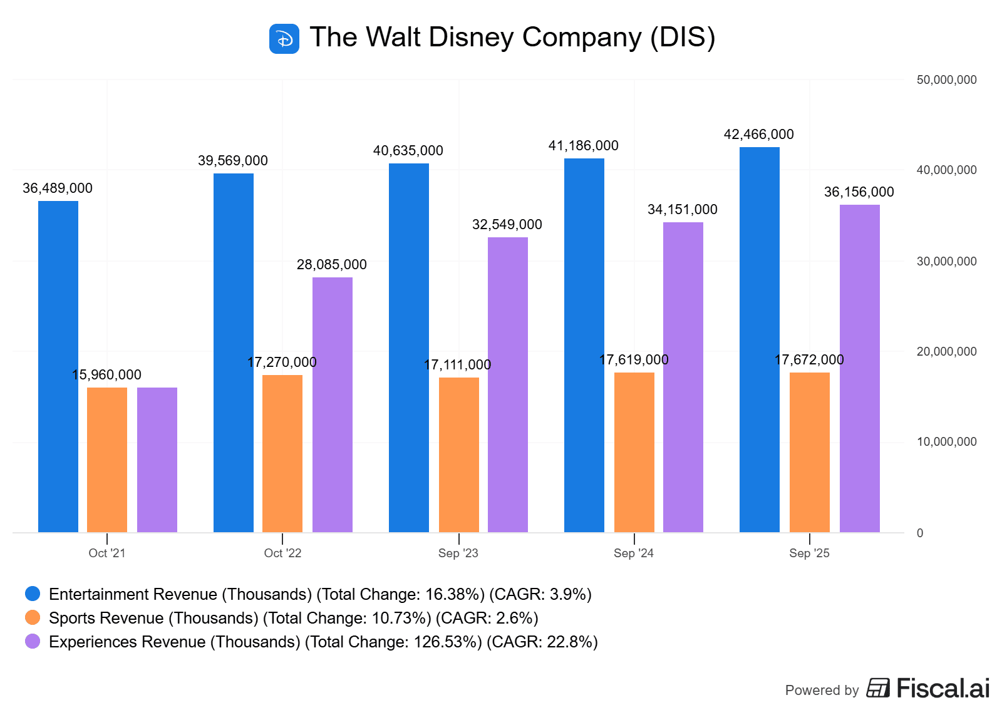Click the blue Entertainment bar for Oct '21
(58, 366)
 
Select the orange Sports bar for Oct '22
(282, 453)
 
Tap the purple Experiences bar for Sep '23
(508, 384)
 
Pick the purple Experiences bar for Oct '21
(157, 460)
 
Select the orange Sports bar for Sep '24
(634, 452)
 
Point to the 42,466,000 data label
(758, 134)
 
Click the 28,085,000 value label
(332, 264)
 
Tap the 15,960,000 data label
(107, 374)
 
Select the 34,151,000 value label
(683, 209)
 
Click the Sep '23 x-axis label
(458, 553)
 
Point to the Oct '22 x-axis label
(282, 553)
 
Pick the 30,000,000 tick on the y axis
(946, 261)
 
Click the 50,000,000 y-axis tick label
(946, 80)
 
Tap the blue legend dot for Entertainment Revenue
(33, 594)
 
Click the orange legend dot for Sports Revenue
(33, 617)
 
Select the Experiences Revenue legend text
(323, 642)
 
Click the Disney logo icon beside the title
(284, 39)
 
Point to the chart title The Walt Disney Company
(512, 37)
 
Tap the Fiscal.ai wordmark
(943, 688)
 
